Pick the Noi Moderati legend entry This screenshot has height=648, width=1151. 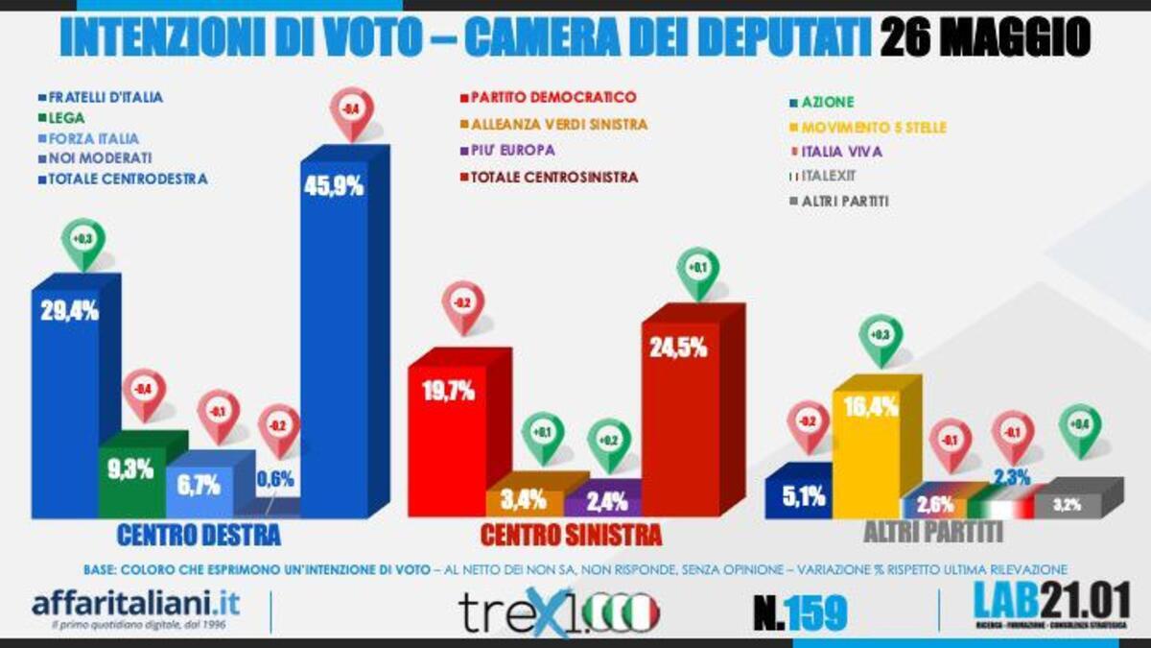pos(95,157)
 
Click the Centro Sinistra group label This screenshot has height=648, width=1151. pos(571,534)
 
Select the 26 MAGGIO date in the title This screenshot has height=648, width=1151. pos(985,39)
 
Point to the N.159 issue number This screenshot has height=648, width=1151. pos(800,612)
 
